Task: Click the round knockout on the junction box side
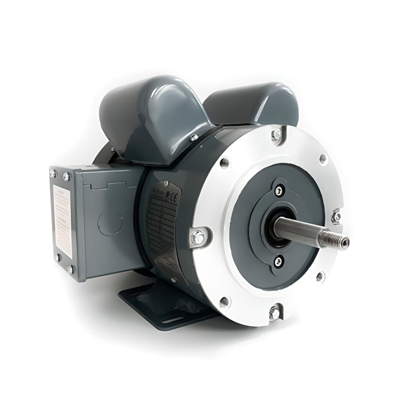coord(110,222)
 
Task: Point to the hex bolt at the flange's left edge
coord(198,236)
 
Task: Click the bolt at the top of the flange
coord(277,134)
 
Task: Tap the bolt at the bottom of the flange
coord(274,312)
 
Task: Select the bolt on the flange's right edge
coord(336,216)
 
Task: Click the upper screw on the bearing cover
coord(279,190)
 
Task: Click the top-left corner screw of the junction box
coord(53,173)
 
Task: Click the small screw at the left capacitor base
coord(194,137)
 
